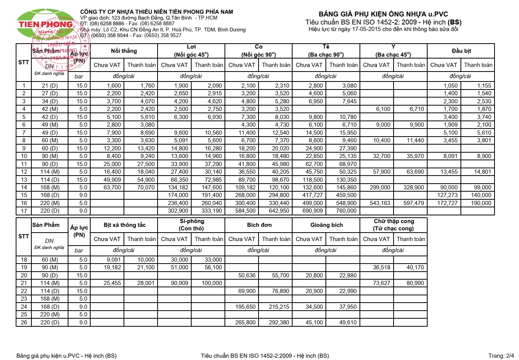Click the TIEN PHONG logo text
[x=46, y=24]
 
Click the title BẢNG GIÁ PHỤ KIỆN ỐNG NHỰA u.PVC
[x=383, y=14]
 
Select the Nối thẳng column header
[x=124, y=51]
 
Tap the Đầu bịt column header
[x=461, y=51]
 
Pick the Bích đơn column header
[x=259, y=225]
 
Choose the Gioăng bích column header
[x=326, y=225]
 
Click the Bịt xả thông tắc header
[x=124, y=225]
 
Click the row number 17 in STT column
[x=24, y=211]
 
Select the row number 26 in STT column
[x=24, y=323]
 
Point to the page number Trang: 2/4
[x=501, y=356]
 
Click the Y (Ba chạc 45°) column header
[x=394, y=51]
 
